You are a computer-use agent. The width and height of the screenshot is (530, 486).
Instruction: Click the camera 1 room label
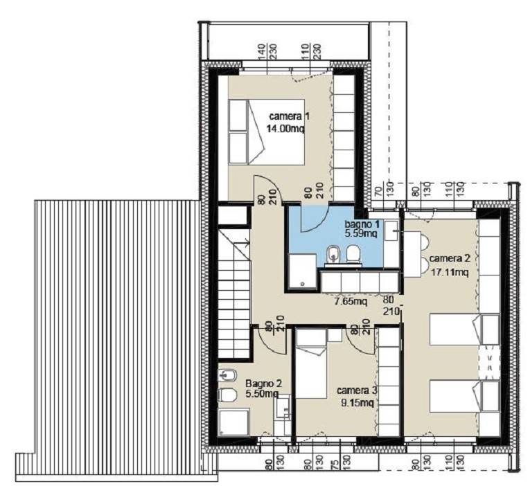(x=289, y=116)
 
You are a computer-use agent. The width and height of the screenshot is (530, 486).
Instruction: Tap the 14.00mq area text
(x=285, y=129)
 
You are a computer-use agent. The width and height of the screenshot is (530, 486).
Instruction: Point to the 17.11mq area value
(x=450, y=272)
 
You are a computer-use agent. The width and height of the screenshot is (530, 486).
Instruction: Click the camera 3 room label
(x=357, y=390)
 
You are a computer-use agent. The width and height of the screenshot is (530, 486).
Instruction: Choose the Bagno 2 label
(x=264, y=384)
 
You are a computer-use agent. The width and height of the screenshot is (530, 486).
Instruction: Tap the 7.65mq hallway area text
(x=351, y=301)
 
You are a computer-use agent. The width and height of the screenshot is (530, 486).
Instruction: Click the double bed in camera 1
(x=266, y=132)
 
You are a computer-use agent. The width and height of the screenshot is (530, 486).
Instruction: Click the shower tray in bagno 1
(x=303, y=271)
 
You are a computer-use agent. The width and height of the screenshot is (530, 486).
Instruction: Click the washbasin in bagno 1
(x=391, y=231)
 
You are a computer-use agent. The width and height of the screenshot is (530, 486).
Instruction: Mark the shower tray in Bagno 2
(x=234, y=422)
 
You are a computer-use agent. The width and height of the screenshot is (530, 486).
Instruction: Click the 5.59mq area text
(x=360, y=233)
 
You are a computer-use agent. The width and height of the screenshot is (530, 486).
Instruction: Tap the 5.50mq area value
(x=262, y=393)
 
